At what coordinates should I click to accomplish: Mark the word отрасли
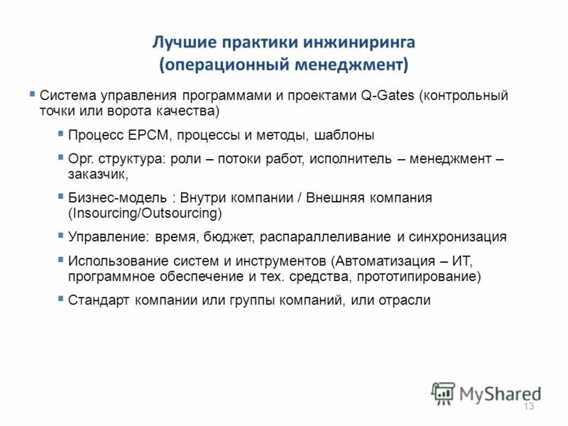click(x=407, y=300)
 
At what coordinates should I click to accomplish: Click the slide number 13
click(x=528, y=406)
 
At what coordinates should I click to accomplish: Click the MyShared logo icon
click(x=444, y=393)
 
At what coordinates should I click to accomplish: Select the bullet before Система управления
click(x=33, y=94)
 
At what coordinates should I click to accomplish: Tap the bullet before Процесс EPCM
click(x=61, y=133)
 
